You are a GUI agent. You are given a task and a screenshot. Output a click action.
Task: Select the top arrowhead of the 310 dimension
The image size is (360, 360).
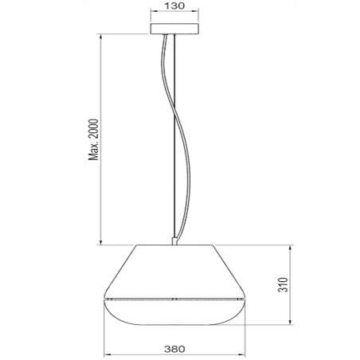[x=288, y=243]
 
